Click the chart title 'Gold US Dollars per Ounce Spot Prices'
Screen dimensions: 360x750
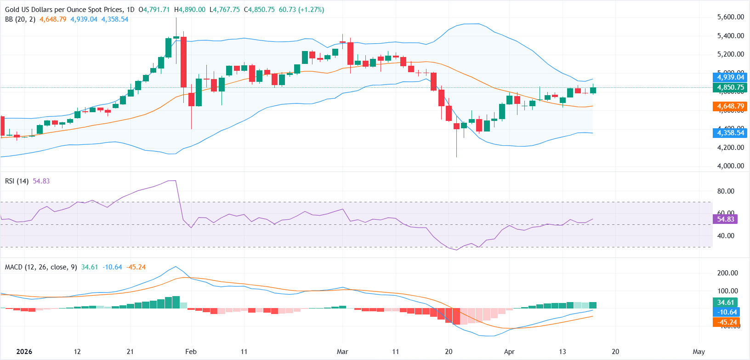64,10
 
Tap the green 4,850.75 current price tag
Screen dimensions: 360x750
730,87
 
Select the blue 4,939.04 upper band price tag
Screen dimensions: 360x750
730,77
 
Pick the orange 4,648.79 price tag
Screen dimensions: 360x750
730,106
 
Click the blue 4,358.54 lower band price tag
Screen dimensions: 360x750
730,133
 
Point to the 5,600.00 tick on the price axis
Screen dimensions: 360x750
730,17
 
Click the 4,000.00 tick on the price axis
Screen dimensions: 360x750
730,166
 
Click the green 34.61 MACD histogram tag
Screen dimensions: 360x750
725,303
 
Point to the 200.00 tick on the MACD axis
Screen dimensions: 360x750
727,273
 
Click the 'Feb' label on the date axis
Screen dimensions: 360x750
191,352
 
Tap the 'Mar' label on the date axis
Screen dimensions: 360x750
342,352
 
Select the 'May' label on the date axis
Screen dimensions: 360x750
699,352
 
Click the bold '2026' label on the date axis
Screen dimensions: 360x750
24,352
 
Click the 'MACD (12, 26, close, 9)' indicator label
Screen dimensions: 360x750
41,267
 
